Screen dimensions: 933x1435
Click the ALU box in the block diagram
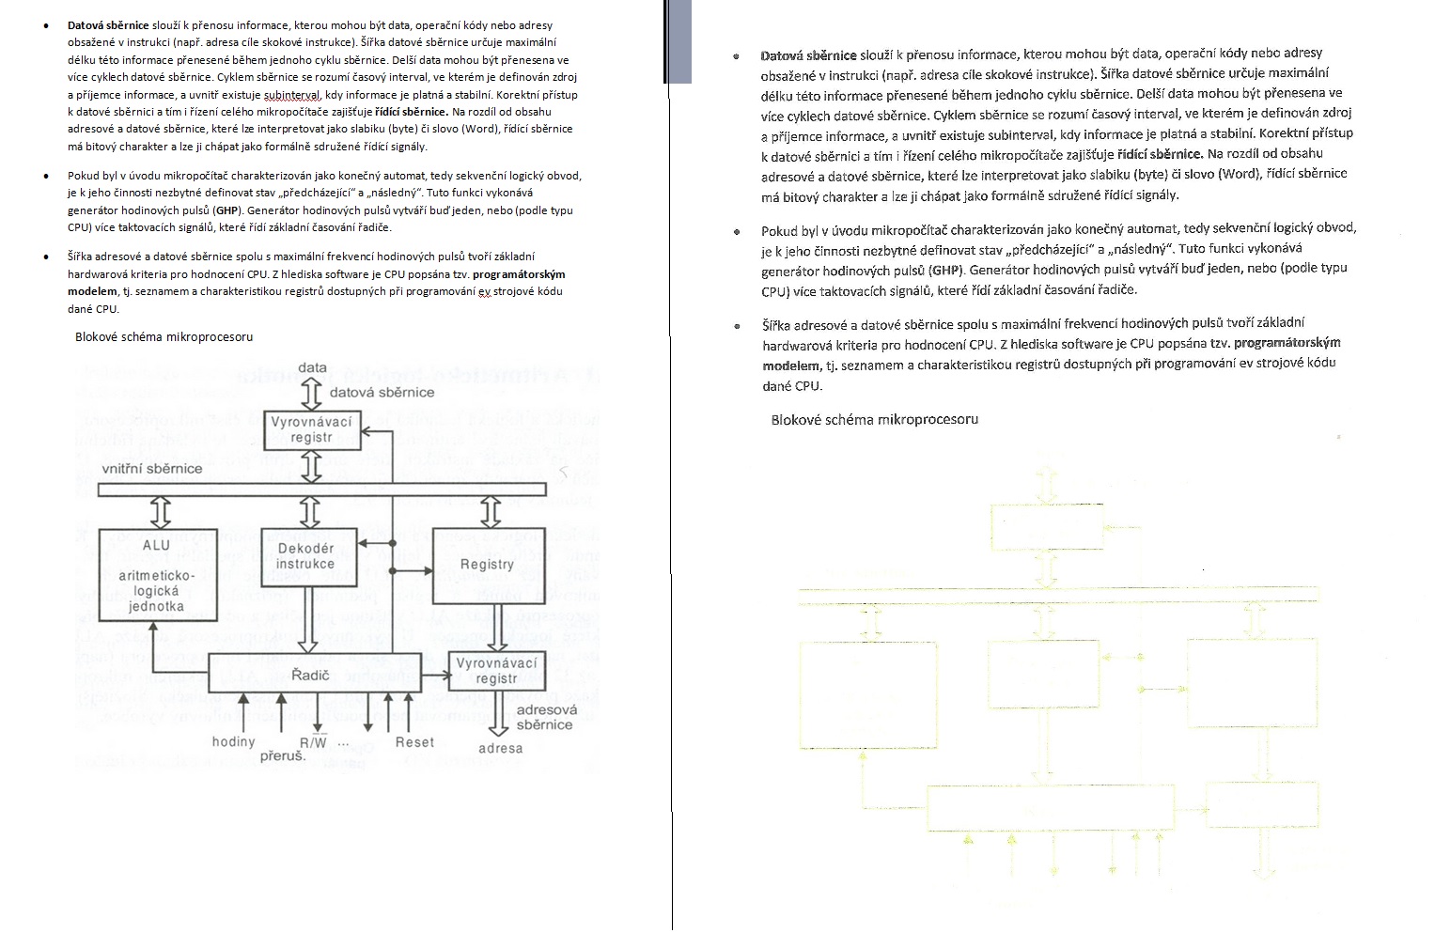[x=157, y=574]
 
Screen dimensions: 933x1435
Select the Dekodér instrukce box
[x=305, y=556]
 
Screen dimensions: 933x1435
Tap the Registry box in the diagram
[x=487, y=565]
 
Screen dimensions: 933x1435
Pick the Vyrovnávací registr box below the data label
[x=311, y=429]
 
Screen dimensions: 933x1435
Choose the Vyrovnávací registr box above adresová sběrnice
[x=496, y=670]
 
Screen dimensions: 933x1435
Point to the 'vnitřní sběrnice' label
[x=152, y=468]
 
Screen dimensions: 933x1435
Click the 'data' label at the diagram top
[x=312, y=367]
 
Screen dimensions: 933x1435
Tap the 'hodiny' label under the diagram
[x=233, y=741]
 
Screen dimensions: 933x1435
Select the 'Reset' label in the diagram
[x=414, y=741]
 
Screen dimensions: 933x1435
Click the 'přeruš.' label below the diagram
[x=283, y=755]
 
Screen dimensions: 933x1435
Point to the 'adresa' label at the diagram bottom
[x=500, y=748]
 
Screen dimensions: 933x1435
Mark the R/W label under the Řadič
[x=314, y=742]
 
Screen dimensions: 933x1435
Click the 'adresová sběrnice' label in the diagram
[x=546, y=717]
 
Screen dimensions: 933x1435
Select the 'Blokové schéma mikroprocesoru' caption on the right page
[x=874, y=419]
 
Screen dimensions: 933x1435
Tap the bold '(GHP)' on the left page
[x=226, y=210]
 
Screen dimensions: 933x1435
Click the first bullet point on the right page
[x=736, y=56]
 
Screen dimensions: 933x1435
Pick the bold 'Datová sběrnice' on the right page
[x=808, y=55]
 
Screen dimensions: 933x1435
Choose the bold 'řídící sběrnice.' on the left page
[x=411, y=112]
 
